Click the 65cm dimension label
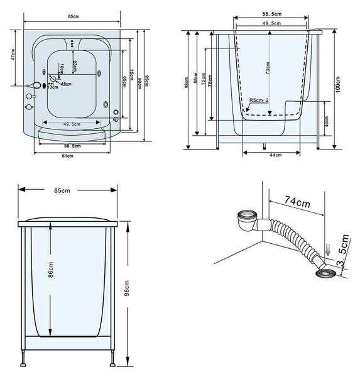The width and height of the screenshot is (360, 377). click(x=124, y=82)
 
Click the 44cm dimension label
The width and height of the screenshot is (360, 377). click(x=275, y=155)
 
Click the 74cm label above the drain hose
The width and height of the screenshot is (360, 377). click(x=297, y=201)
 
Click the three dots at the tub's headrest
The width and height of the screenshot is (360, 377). click(x=74, y=43)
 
